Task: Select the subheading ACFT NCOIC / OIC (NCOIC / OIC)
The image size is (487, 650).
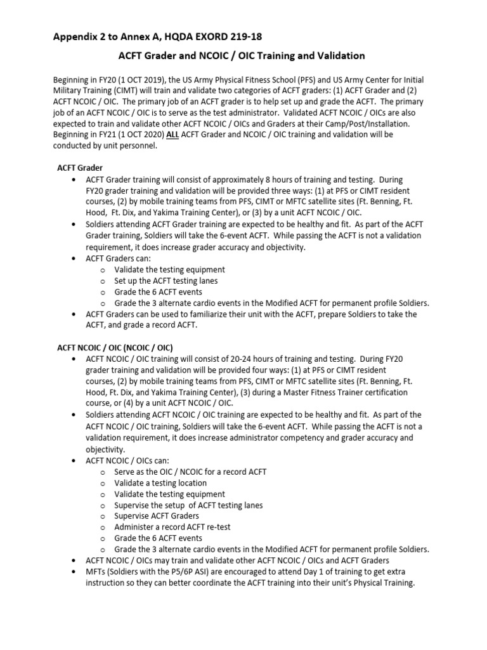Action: [115, 348]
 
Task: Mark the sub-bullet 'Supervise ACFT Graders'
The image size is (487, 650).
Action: [157, 516]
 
